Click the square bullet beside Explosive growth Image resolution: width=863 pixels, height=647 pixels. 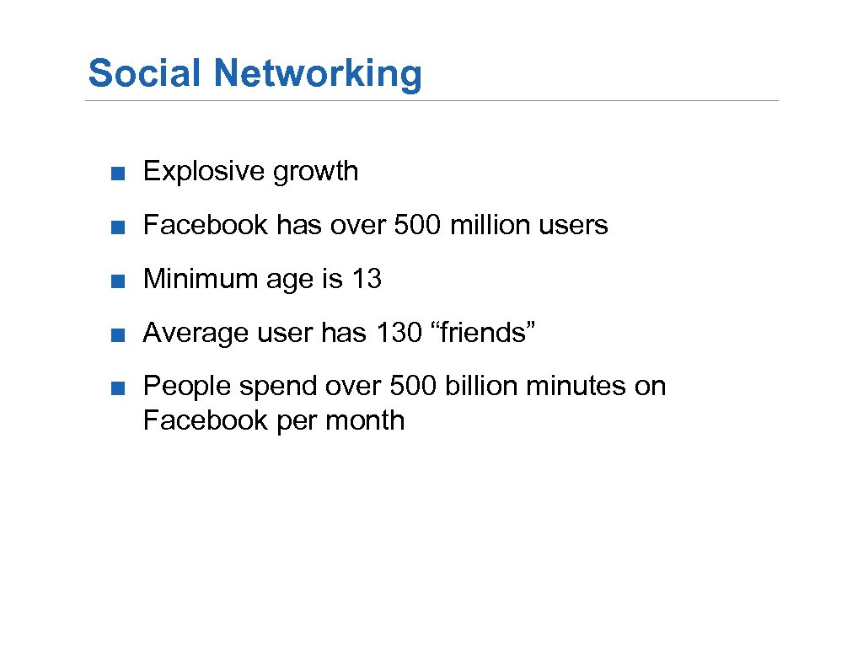122,173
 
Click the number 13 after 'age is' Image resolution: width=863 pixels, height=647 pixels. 367,279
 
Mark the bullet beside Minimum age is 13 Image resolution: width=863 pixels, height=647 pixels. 122,280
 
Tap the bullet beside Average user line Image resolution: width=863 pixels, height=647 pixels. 122,334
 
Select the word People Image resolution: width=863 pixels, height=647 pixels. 188,387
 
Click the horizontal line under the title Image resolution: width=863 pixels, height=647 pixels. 431,101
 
